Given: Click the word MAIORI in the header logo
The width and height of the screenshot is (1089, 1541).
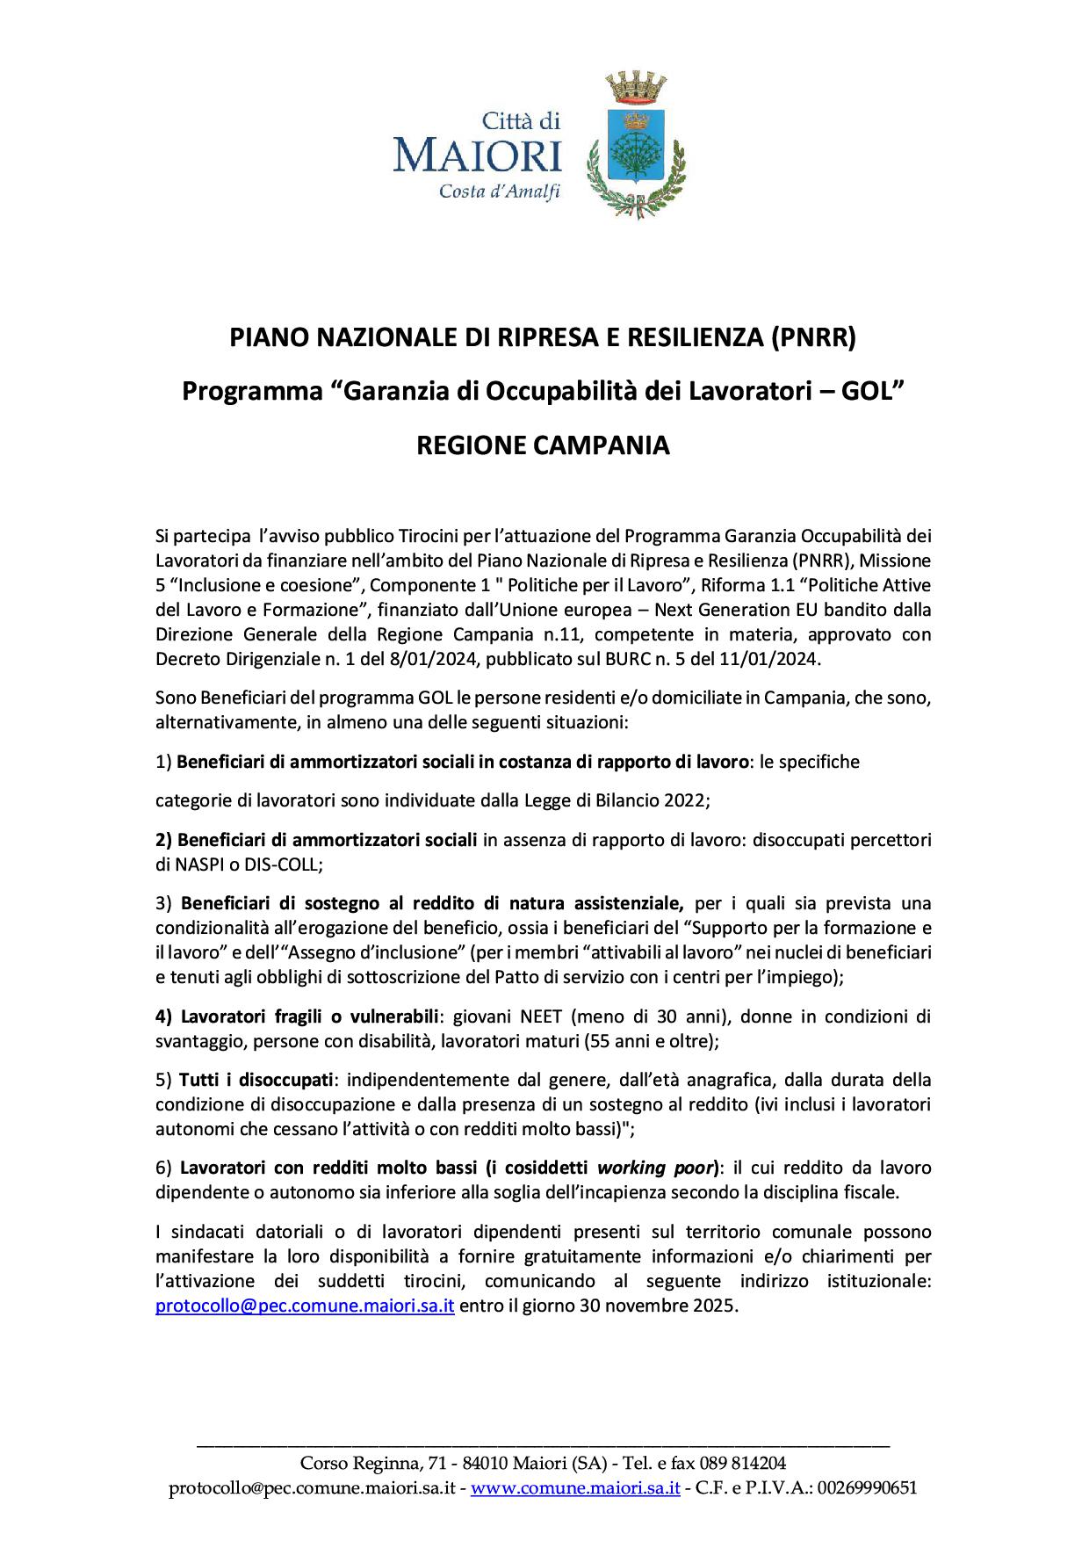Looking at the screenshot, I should (x=477, y=157).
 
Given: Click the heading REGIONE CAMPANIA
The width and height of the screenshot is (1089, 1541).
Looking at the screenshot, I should (x=543, y=445).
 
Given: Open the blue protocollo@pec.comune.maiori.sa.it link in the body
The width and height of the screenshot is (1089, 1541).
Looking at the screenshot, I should (x=305, y=1306).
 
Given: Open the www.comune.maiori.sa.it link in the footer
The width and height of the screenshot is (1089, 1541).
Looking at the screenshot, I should (x=575, y=1488).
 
